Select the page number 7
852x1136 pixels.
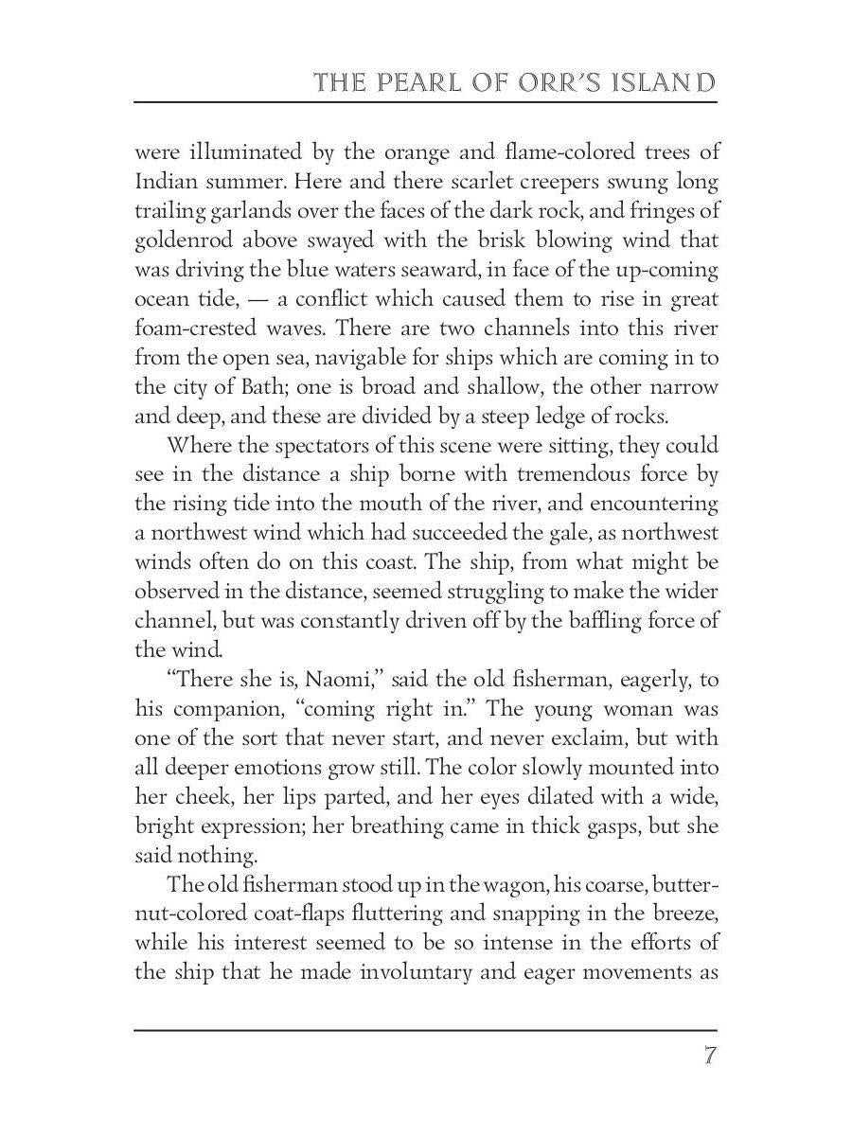pos(708,1056)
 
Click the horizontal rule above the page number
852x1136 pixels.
pos(425,1030)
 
